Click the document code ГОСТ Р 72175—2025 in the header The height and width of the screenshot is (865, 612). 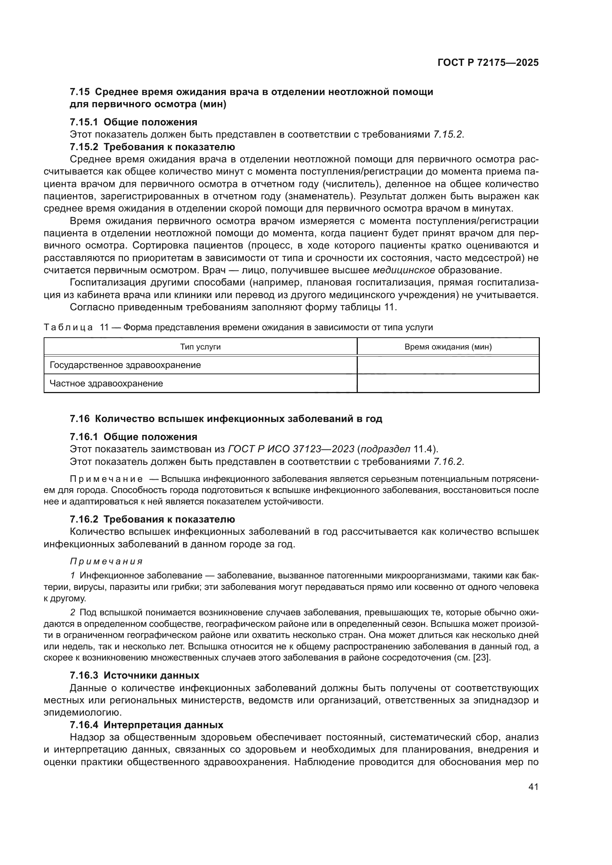click(x=488, y=63)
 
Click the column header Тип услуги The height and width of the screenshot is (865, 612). click(x=200, y=347)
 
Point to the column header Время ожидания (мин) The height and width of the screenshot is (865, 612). click(x=448, y=347)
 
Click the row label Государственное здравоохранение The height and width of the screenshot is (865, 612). click(x=125, y=365)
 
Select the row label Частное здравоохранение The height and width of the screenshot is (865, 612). click(x=106, y=383)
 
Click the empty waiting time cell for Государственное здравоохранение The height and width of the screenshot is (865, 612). click(x=448, y=365)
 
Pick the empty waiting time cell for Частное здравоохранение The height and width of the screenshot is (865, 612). click(x=448, y=383)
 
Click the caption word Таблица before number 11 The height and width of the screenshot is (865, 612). click(x=68, y=327)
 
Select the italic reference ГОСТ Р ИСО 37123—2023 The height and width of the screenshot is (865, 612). click(x=291, y=449)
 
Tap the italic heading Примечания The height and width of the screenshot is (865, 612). click(x=106, y=562)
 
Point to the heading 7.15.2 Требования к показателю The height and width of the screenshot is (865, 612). click(x=152, y=147)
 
